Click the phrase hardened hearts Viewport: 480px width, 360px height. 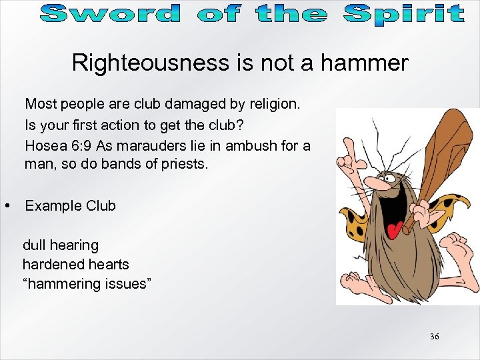pyautogui.click(x=75, y=265)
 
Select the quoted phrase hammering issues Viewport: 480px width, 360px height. pyautogui.click(x=87, y=284)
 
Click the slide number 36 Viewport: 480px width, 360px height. pyautogui.click(x=434, y=337)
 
